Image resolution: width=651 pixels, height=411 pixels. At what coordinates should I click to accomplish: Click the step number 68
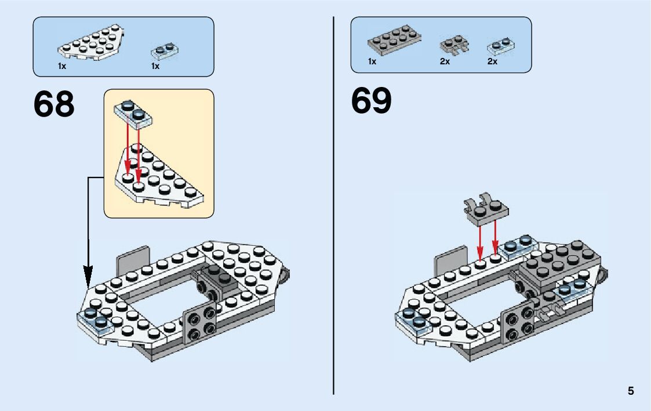[54, 105]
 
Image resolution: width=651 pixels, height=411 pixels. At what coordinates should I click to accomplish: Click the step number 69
[372, 101]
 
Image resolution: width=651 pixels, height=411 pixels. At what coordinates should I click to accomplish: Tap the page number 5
[631, 391]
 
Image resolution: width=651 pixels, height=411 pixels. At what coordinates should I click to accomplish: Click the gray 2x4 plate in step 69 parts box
[394, 39]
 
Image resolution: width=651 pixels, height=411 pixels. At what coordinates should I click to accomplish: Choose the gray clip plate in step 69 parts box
[454, 46]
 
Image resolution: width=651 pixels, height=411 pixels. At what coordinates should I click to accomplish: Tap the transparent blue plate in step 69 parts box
[501, 45]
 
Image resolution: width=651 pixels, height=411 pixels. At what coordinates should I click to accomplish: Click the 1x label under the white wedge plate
[62, 66]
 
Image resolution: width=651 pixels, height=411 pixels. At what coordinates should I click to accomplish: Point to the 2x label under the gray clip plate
[445, 61]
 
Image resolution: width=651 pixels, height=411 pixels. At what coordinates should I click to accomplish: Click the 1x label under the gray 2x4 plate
[372, 61]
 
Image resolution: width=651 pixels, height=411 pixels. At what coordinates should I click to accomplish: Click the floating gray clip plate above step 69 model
[486, 208]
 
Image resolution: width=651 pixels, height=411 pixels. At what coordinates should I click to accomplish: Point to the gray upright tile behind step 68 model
[133, 258]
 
